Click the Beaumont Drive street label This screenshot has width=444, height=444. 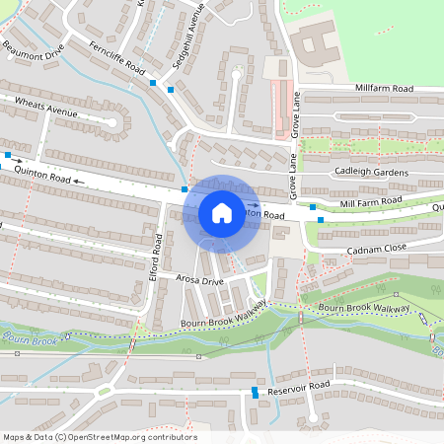click(33, 47)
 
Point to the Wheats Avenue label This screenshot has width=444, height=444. click(45, 107)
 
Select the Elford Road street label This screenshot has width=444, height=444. click(156, 255)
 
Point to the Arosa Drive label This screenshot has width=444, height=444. click(201, 280)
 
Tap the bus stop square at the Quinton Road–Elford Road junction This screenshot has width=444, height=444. click(185, 188)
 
